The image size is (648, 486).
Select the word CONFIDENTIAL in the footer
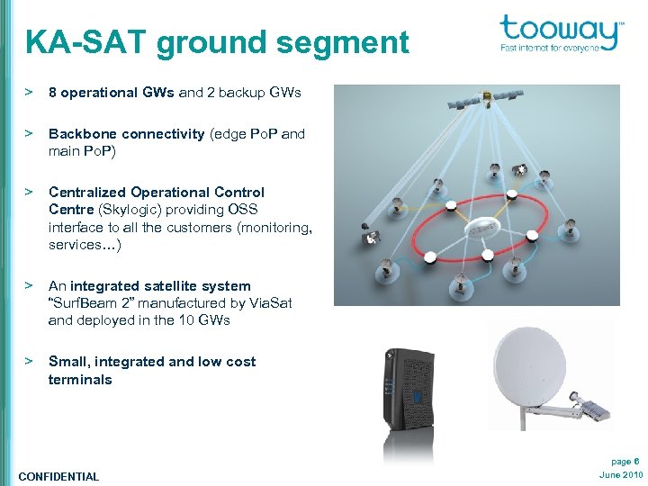click(58, 476)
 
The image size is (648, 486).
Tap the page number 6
click(636, 460)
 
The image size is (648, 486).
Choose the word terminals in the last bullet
click(80, 380)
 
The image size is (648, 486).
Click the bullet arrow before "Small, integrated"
click(29, 361)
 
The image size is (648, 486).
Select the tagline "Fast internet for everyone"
click(549, 48)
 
